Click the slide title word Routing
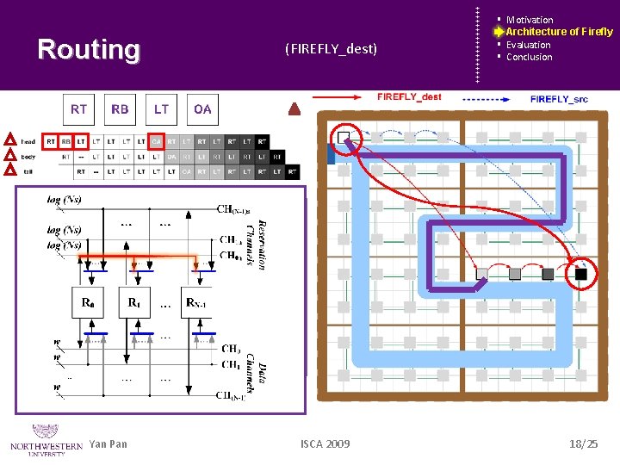click(x=89, y=50)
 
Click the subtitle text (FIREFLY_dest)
click(x=331, y=49)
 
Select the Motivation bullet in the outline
click(x=529, y=20)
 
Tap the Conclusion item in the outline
click(x=529, y=57)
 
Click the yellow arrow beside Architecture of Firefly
click(x=498, y=32)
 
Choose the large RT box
click(x=78, y=108)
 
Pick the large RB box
click(x=120, y=108)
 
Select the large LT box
click(x=161, y=108)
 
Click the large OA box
click(x=202, y=108)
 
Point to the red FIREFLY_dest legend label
click(x=409, y=97)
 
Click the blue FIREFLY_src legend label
click(x=559, y=99)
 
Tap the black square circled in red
click(x=581, y=274)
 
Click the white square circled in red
click(x=344, y=138)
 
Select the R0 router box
click(x=87, y=302)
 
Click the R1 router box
click(x=133, y=302)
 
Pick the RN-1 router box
click(x=196, y=302)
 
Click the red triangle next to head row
click(x=9, y=140)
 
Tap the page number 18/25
click(x=583, y=443)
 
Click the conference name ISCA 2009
click(x=325, y=443)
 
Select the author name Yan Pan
click(x=108, y=443)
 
